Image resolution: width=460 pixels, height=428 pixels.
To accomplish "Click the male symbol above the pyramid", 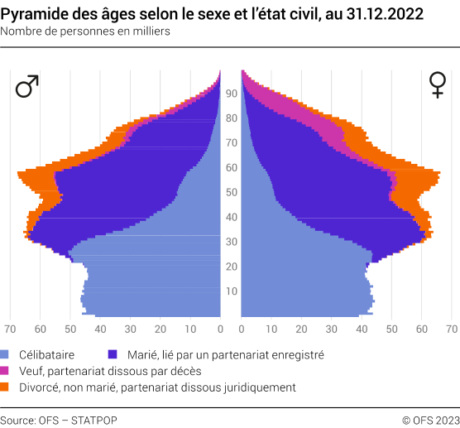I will [27, 86].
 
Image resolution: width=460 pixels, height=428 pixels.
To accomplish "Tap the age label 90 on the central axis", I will [232, 94].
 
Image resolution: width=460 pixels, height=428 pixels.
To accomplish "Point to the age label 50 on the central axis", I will [232, 192].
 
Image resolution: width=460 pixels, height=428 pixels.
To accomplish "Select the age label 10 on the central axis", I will [232, 291].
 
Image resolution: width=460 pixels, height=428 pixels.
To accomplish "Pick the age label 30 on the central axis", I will [232, 242].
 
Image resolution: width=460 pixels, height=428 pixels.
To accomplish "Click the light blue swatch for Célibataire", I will [6, 353].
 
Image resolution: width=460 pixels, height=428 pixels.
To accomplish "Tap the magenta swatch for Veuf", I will [6, 370].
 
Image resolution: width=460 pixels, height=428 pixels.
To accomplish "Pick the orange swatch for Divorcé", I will [6, 387].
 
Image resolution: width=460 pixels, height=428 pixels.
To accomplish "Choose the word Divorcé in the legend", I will [41, 387].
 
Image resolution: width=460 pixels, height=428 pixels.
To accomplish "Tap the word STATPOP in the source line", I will [95, 420].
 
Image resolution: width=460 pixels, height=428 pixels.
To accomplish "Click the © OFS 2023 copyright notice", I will [430, 420].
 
